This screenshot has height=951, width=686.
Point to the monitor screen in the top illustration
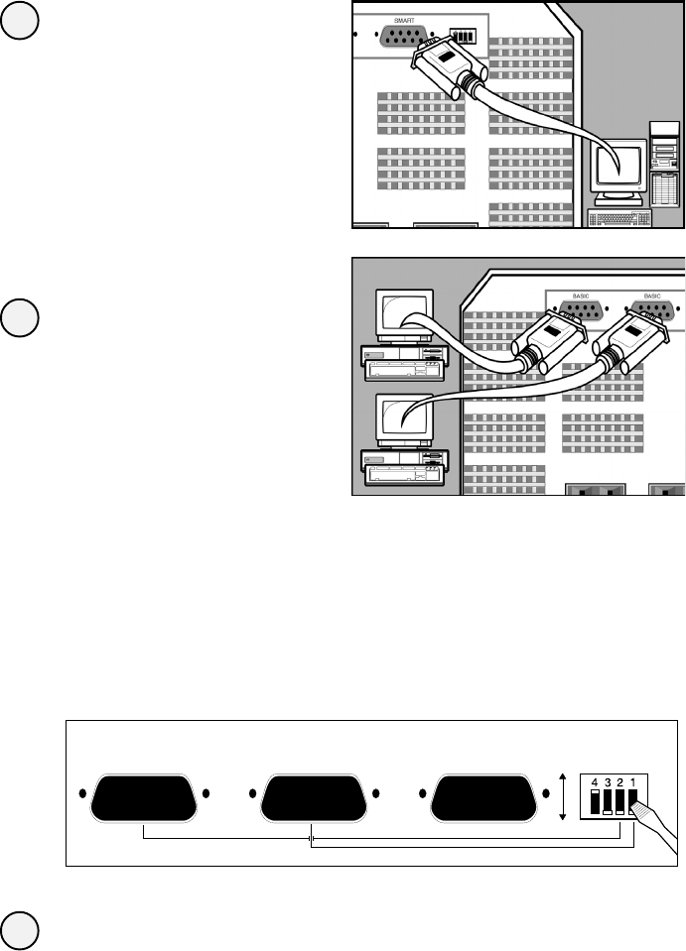click(616, 165)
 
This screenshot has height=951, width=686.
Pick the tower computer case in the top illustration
click(664, 165)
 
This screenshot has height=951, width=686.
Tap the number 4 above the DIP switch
click(595, 780)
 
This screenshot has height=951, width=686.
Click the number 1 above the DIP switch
click(632, 780)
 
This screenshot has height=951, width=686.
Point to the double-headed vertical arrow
click(564, 795)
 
